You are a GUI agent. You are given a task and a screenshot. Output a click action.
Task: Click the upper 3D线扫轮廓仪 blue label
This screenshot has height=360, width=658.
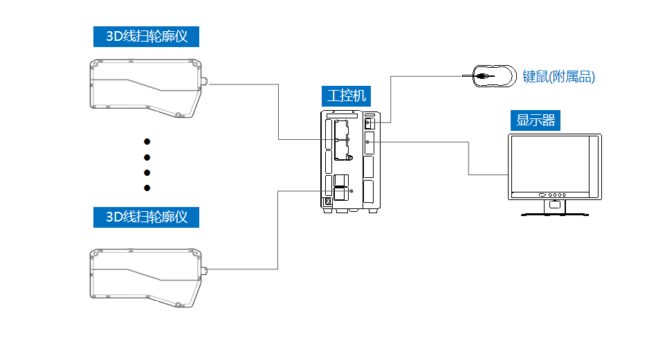pyautogui.click(x=146, y=36)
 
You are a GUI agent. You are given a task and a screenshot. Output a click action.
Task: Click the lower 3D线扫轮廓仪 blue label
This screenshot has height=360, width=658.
pyautogui.click(x=146, y=217)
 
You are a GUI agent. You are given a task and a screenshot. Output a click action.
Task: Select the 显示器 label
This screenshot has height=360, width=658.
pyautogui.click(x=536, y=120)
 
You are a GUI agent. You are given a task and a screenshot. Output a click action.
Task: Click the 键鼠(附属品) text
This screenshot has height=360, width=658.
pyautogui.click(x=559, y=77)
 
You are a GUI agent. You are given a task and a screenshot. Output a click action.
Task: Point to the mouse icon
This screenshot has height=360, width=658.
pyautogui.click(x=493, y=75)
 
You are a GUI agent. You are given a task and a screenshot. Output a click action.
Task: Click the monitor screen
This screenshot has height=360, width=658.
pyautogui.click(x=549, y=164)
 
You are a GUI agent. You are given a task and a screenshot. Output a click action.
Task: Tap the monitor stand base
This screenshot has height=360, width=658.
pyautogui.click(x=554, y=214)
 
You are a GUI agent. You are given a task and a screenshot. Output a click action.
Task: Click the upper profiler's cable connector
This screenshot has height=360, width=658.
pyautogui.click(x=205, y=83)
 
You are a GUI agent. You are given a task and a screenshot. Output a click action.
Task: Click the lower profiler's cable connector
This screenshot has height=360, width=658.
pyautogui.click(x=205, y=268)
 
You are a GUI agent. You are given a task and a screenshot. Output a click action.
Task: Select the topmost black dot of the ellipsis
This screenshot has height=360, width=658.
pyautogui.click(x=147, y=142)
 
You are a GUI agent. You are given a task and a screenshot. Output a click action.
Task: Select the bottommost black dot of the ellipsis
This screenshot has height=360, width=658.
pyautogui.click(x=147, y=188)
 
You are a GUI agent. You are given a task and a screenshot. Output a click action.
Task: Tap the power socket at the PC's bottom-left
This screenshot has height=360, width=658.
pyautogui.click(x=328, y=203)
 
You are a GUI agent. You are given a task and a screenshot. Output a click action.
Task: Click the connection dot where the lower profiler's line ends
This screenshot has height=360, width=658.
pyautogui.click(x=351, y=190)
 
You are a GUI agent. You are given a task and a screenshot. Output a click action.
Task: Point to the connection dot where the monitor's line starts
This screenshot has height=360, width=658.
pyautogui.click(x=367, y=141)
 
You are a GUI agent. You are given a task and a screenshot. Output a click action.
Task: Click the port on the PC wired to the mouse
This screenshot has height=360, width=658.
pyautogui.click(x=368, y=123)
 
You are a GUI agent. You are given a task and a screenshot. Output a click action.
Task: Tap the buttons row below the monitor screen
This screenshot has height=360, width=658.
pyautogui.click(x=554, y=195)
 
